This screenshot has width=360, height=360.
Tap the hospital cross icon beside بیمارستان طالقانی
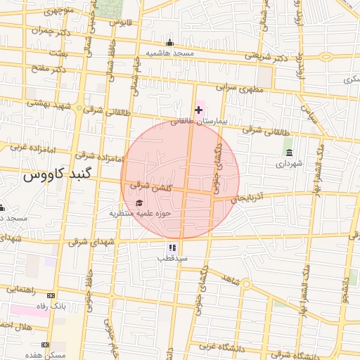pyautogui.click(x=198, y=110)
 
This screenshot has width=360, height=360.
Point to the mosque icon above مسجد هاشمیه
pyautogui.click(x=169, y=42)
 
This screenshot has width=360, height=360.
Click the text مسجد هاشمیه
pyautogui.click(x=169, y=53)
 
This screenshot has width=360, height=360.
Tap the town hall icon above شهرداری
pyautogui.click(x=288, y=153)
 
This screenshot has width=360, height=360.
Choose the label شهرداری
pyautogui.click(x=288, y=164)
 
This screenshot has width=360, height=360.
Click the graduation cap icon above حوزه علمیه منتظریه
pyautogui.click(x=138, y=202)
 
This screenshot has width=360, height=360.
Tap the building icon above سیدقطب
pyautogui.click(x=172, y=247)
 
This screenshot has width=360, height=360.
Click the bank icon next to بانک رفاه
pyautogui.click(x=51, y=295)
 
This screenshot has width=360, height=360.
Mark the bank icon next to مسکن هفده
pyautogui.click(x=46, y=345)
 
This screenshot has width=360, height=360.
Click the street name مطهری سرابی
pyautogui.click(x=239, y=89)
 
